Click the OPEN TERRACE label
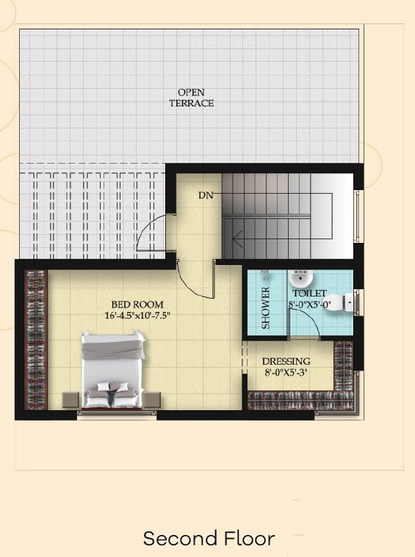click(191, 98)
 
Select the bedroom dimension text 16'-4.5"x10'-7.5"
click(135, 316)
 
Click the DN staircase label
click(206, 195)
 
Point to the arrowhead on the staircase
click(237, 237)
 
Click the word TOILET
click(309, 293)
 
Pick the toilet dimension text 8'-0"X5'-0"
click(309, 305)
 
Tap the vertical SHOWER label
click(266, 307)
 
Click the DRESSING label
click(286, 361)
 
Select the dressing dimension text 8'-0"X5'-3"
click(286, 373)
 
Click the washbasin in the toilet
click(300, 279)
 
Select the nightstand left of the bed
click(71, 400)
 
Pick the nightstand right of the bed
click(152, 400)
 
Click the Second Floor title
click(209, 539)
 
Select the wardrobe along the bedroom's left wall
click(36, 340)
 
